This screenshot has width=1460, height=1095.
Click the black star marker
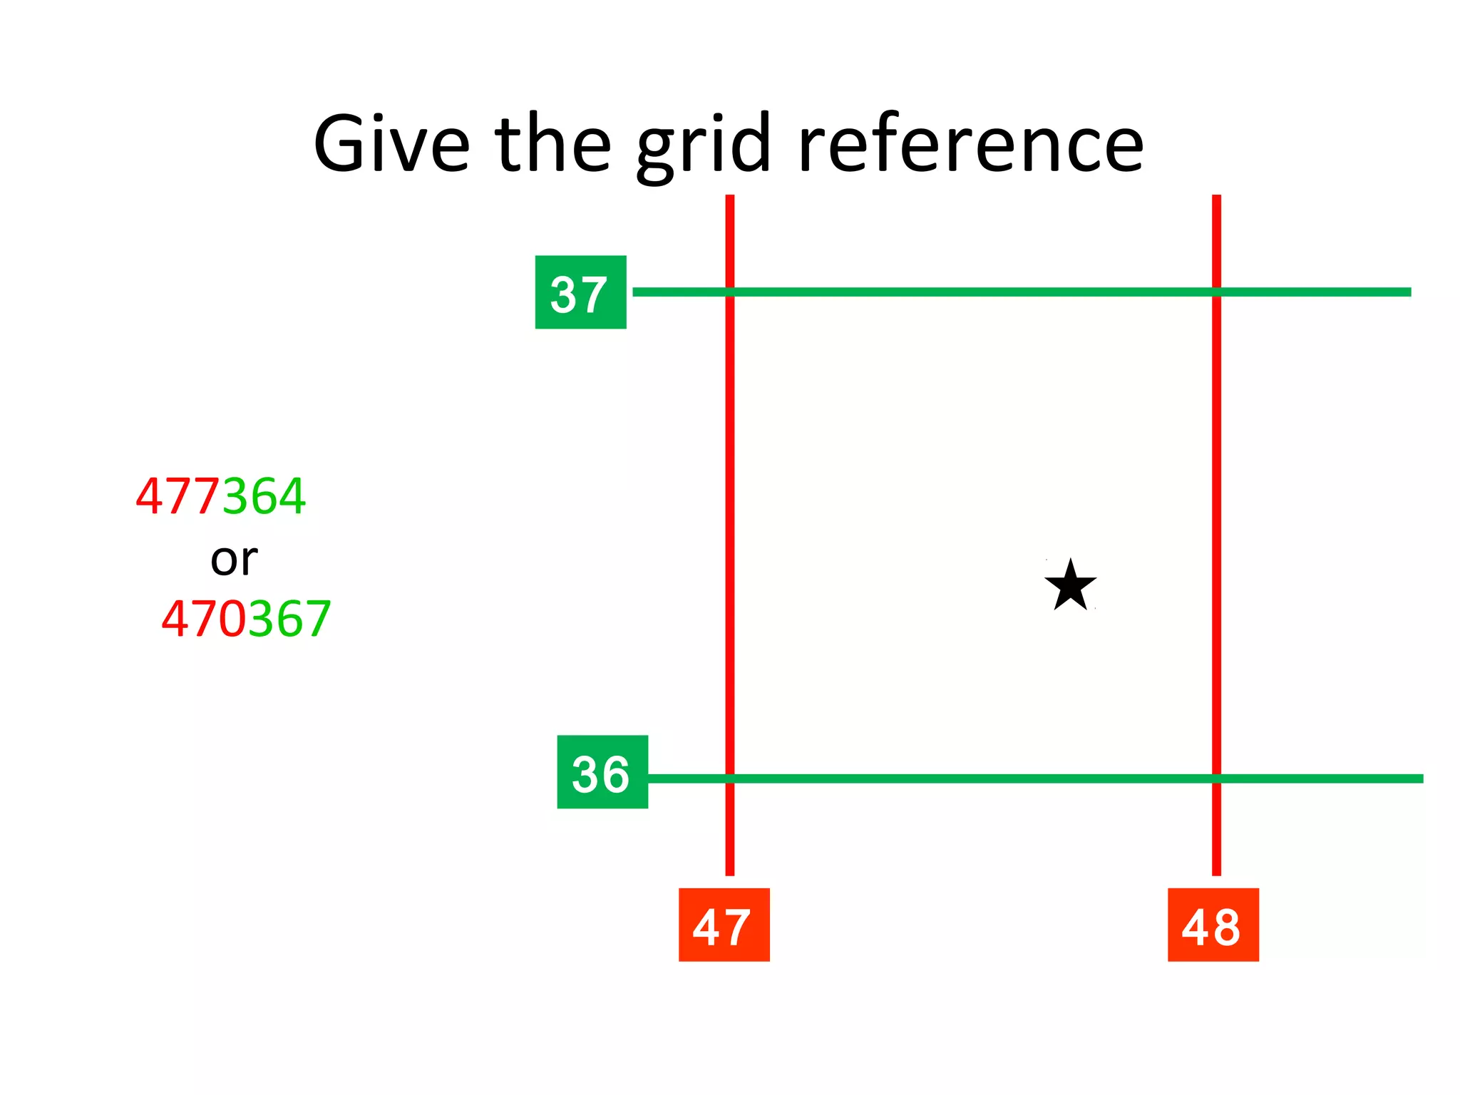[x=1070, y=585]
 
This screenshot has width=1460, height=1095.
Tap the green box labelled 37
[x=580, y=292]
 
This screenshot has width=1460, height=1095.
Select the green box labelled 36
[x=602, y=772]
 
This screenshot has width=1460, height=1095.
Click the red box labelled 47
[x=724, y=925]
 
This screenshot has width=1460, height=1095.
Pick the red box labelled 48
[x=1213, y=925]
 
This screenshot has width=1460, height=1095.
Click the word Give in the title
[x=391, y=145]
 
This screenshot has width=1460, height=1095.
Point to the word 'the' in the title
[x=553, y=145]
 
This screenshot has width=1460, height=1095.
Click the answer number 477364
[x=221, y=496]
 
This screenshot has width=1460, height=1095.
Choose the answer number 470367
[x=246, y=619]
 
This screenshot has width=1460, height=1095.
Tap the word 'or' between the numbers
[x=234, y=560]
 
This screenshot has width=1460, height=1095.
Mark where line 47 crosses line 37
[x=730, y=292]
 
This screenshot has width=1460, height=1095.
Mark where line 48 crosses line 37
[x=1216, y=292]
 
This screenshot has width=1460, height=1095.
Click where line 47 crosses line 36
[x=730, y=778]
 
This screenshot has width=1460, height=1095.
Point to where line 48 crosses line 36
[x=1216, y=778]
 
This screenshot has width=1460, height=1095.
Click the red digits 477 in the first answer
[x=178, y=496]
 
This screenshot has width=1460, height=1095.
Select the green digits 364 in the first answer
[x=264, y=496]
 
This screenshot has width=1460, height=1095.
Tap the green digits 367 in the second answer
[x=289, y=619]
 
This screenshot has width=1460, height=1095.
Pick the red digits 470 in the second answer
[x=204, y=619]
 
